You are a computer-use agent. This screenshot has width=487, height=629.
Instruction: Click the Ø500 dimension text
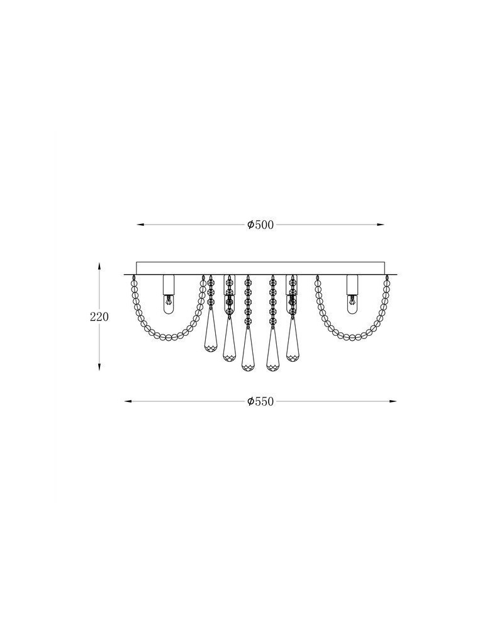(x=260, y=225)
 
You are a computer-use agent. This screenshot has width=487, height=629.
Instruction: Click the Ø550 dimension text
(x=260, y=401)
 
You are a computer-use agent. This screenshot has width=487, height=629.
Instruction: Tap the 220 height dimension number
(x=99, y=317)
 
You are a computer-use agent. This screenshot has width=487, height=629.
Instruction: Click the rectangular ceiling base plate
(x=260, y=269)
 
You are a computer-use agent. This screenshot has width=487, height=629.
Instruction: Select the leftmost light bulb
(x=168, y=305)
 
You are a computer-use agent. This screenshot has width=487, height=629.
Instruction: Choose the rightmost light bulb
(x=352, y=305)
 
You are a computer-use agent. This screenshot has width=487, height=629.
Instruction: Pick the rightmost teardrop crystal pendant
(x=292, y=343)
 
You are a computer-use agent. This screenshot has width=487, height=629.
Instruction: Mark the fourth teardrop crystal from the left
(x=273, y=352)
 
